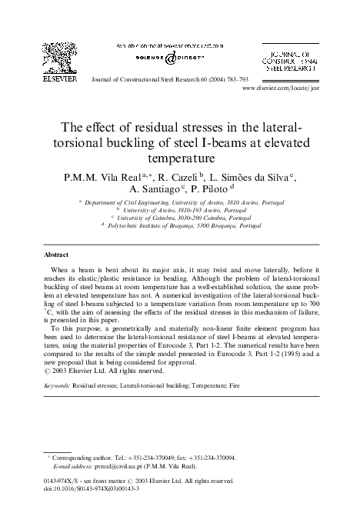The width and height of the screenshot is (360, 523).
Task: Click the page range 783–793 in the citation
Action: (x=254, y=78)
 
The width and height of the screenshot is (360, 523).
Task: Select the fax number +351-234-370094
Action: (x=211, y=457)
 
